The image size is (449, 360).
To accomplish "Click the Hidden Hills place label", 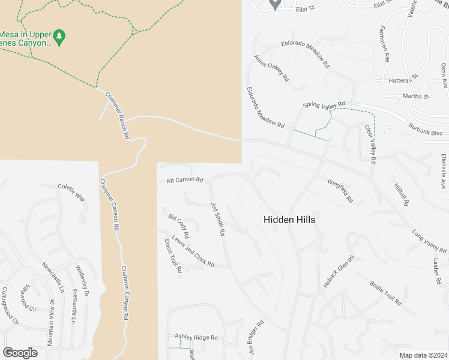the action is pyautogui.click(x=289, y=220).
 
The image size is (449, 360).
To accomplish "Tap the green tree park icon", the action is pyautogui.click(x=59, y=37).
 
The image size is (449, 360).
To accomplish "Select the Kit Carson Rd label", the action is pyautogui.click(x=185, y=179).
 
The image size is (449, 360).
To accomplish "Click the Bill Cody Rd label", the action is pyautogui.click(x=179, y=225).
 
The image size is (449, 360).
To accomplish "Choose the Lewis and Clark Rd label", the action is pyautogui.click(x=193, y=250).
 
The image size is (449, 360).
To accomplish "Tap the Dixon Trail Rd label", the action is pyautogui.click(x=173, y=256).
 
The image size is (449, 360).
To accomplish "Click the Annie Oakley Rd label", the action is pyautogui.click(x=271, y=68).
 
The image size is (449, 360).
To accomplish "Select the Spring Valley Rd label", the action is pyautogui.click(x=324, y=105).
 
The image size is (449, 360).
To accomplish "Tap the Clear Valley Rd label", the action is pyautogui.click(x=370, y=144).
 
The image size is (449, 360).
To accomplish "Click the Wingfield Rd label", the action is pyautogui.click(x=340, y=190).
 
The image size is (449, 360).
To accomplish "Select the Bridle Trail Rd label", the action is pyautogui.click(x=385, y=293).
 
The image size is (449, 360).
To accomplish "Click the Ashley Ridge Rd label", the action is pyautogui.click(x=196, y=338).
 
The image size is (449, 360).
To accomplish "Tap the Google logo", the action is pyautogui.click(x=20, y=353).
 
